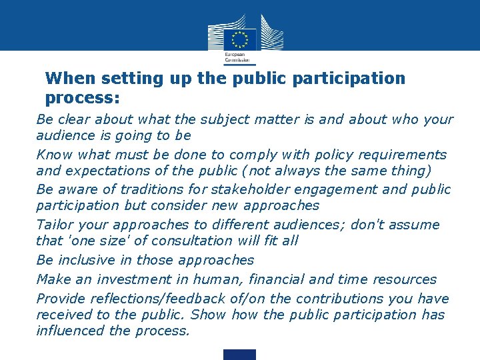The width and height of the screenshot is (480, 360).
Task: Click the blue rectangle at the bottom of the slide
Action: click(239, 354)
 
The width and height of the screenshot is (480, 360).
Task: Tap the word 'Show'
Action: click(209, 315)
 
